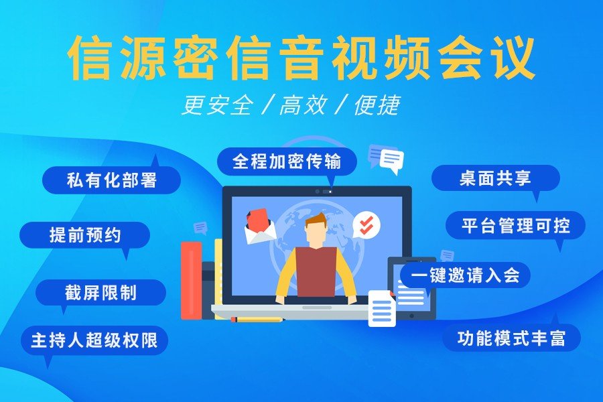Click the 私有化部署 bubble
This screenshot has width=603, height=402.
[111, 180]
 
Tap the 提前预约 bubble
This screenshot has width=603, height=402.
[84, 235]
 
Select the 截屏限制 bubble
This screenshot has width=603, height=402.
[100, 293]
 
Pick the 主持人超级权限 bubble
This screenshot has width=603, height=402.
[94, 340]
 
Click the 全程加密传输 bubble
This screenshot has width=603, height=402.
[287, 161]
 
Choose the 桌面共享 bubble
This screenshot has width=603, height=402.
[495, 178]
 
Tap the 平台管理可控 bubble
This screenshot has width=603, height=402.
[515, 225]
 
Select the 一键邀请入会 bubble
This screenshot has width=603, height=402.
[466, 275]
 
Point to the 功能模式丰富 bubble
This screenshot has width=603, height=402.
[511, 338]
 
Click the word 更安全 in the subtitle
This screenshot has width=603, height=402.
[218, 105]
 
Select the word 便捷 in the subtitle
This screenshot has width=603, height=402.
[377, 105]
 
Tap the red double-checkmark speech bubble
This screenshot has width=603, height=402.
[366, 224]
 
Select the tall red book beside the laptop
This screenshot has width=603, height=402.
[191, 280]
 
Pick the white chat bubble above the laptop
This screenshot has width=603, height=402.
[392, 160]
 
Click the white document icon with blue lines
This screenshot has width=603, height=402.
[382, 308]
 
